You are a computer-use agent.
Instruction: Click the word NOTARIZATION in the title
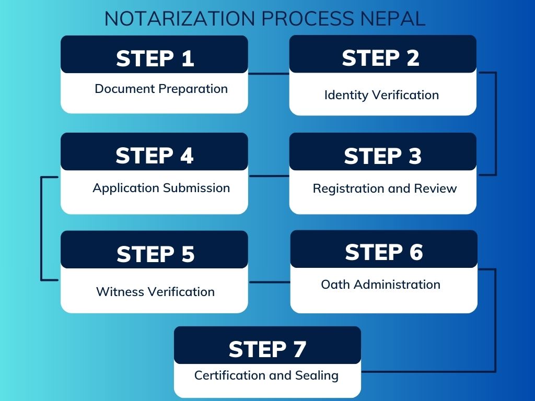coord(180,19)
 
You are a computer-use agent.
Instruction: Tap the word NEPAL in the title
coord(393,19)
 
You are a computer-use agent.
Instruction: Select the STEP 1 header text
coord(155,58)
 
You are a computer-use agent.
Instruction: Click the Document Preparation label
coord(161,89)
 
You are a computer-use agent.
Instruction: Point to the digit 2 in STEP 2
coord(413,58)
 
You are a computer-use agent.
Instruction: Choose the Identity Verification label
coord(381,95)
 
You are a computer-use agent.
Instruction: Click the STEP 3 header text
coord(383,156)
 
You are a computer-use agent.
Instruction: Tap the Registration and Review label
coord(385,188)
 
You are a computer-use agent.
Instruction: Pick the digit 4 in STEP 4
coord(187,156)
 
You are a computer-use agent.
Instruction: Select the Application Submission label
coord(161,188)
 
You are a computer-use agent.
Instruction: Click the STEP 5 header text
coord(156,254)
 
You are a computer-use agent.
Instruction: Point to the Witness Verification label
coord(155,291)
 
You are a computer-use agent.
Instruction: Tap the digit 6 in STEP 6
coord(416,252)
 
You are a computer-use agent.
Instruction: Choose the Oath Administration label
coord(380,285)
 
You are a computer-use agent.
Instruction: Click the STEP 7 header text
coord(267,349)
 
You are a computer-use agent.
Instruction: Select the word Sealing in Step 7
coord(317,375)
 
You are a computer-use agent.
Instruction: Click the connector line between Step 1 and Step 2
coord(269,73)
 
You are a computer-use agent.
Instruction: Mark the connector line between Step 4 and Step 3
coord(269,176)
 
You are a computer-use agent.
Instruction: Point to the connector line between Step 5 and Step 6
coord(270,282)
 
